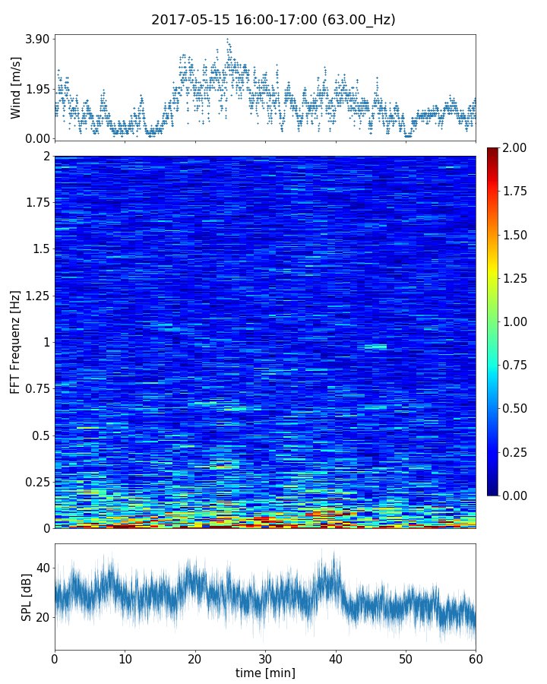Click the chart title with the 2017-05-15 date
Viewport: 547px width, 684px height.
coord(273,20)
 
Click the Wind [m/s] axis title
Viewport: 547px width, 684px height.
coord(16,87)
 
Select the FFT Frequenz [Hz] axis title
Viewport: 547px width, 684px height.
coord(16,341)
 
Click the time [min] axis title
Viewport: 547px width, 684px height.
coord(265,673)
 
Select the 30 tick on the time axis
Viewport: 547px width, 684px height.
coord(265,658)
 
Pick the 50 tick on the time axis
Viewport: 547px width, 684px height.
coord(406,658)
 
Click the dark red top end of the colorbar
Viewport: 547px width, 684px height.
coord(492,150)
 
